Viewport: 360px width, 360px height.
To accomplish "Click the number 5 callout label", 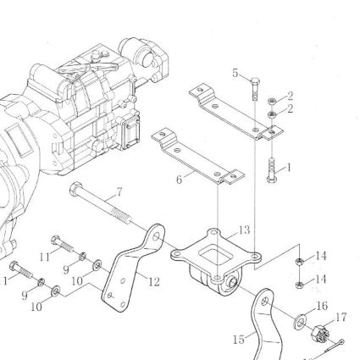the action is click(235, 73).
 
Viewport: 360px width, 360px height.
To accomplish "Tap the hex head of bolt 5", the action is click(255, 81).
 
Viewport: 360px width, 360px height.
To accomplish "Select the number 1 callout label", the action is click(289, 168).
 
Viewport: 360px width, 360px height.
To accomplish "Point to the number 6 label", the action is click(180, 180).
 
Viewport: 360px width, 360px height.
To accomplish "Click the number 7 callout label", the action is click(119, 192).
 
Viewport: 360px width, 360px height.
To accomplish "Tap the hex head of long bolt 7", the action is click(75, 189).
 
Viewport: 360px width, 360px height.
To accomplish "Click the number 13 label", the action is click(244, 230).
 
